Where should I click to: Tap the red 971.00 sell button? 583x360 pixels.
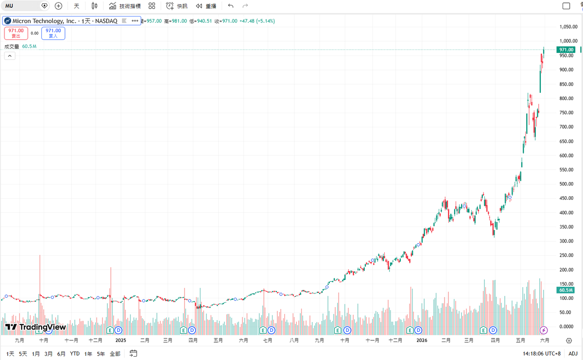[x=16, y=33]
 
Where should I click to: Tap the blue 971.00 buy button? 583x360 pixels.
[x=53, y=33]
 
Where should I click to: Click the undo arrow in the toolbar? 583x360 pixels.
[x=231, y=6]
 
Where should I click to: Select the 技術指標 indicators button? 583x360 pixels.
[x=125, y=6]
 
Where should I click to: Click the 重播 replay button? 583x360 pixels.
[x=206, y=6]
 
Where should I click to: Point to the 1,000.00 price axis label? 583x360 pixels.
[x=568, y=41]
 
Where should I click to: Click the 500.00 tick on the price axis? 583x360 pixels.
[x=566, y=184]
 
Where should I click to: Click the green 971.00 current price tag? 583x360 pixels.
[x=566, y=50]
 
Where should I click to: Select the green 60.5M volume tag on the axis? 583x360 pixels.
[x=566, y=290]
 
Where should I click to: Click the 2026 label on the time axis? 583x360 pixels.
[x=422, y=340]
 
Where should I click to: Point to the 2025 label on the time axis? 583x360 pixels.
[x=120, y=340]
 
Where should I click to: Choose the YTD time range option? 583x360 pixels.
[x=75, y=354]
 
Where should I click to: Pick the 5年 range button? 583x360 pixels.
[x=101, y=354]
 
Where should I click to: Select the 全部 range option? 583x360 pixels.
[x=115, y=354]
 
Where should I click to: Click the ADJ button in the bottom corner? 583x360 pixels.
[x=573, y=354]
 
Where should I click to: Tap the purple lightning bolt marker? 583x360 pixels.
[x=544, y=330]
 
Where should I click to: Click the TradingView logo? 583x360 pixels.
[x=35, y=327]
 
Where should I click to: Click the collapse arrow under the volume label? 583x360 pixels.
[x=10, y=56]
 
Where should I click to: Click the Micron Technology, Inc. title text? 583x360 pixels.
[x=44, y=21]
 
